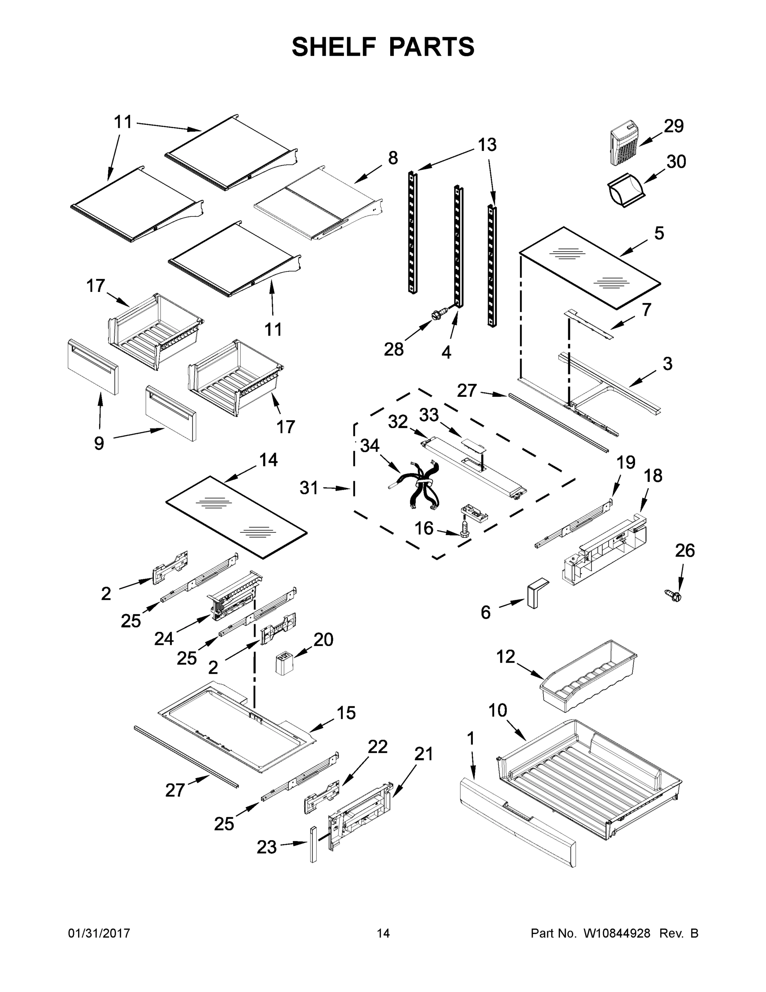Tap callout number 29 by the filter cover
click(x=674, y=126)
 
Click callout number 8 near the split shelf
click(x=393, y=158)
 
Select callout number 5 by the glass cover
click(x=659, y=234)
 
